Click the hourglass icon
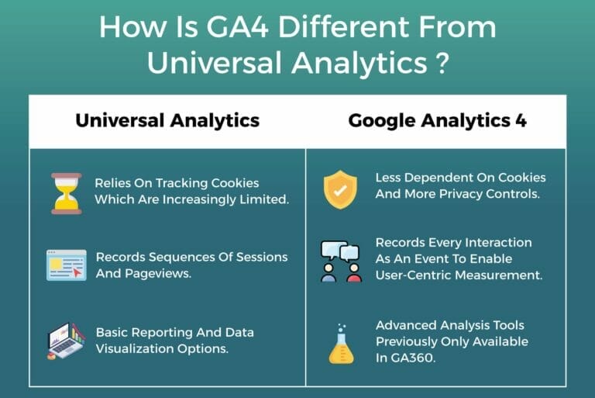(x=67, y=192)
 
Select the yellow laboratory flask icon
(x=341, y=345)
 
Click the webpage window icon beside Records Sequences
(x=67, y=265)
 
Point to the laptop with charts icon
(x=67, y=341)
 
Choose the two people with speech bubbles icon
(x=341, y=261)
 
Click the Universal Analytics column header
(x=167, y=120)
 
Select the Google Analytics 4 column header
(x=437, y=120)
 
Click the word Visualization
(x=139, y=348)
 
